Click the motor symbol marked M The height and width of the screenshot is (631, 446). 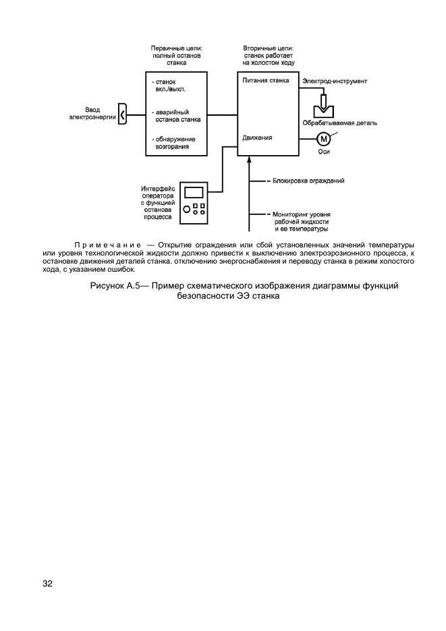click(323, 139)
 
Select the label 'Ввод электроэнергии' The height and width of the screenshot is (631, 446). click(93, 113)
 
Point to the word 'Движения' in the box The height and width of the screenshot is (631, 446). click(257, 138)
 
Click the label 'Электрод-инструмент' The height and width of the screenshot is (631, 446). click(335, 81)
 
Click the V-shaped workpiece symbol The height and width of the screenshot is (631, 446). click(324, 108)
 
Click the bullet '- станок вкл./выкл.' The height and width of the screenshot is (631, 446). click(170, 86)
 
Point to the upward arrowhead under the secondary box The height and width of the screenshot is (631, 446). click(250, 159)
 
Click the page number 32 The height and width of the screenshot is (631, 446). click(47, 583)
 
